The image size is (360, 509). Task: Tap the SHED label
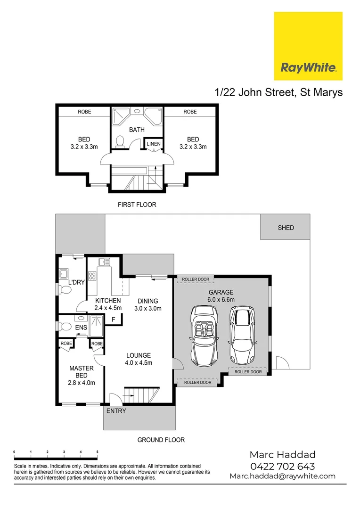[286, 228]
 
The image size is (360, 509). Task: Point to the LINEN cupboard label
[154, 144]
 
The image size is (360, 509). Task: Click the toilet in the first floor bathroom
[120, 141]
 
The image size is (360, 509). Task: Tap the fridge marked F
[113, 320]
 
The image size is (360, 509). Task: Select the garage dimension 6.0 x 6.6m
[221, 299]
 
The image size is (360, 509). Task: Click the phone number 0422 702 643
[282, 466]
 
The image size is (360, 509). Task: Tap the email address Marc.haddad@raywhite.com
[282, 476]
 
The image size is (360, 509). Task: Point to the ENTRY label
[116, 411]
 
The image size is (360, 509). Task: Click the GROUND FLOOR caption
[161, 440]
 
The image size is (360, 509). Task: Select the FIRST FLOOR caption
[137, 205]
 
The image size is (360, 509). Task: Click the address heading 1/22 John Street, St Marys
[278, 92]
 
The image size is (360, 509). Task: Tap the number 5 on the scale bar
[97, 452]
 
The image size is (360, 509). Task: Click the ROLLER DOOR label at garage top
[196, 279]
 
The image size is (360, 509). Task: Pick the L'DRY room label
[76, 282]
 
